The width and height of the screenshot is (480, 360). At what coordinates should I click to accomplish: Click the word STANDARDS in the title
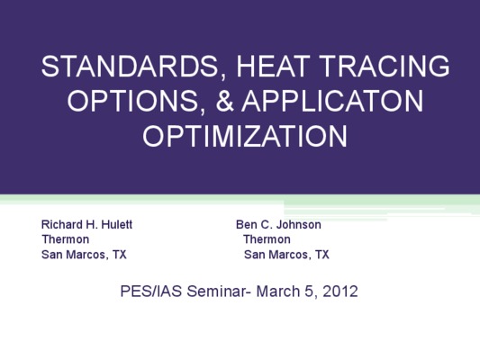point(131,67)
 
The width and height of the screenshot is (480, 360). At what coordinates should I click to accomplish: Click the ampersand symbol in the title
point(225,101)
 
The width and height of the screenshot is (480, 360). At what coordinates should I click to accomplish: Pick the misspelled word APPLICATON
point(332,101)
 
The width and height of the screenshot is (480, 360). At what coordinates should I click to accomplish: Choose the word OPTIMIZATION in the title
point(245,136)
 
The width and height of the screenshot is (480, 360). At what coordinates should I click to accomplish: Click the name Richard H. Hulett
point(86,224)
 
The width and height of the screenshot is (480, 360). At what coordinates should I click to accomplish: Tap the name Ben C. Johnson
point(278,225)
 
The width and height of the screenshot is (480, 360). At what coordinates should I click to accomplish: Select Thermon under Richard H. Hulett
point(66,239)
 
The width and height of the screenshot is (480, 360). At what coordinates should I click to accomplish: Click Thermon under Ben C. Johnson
point(267,239)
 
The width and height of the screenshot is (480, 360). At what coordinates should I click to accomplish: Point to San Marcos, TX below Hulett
point(84,255)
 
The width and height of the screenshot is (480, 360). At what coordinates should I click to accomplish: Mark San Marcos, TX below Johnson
point(286,255)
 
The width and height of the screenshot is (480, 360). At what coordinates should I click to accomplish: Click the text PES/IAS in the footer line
point(151,291)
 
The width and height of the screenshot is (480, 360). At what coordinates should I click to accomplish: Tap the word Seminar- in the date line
point(219,291)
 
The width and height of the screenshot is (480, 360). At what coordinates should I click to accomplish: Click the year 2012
point(340,292)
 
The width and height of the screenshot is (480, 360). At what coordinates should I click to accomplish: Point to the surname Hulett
point(117,224)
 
